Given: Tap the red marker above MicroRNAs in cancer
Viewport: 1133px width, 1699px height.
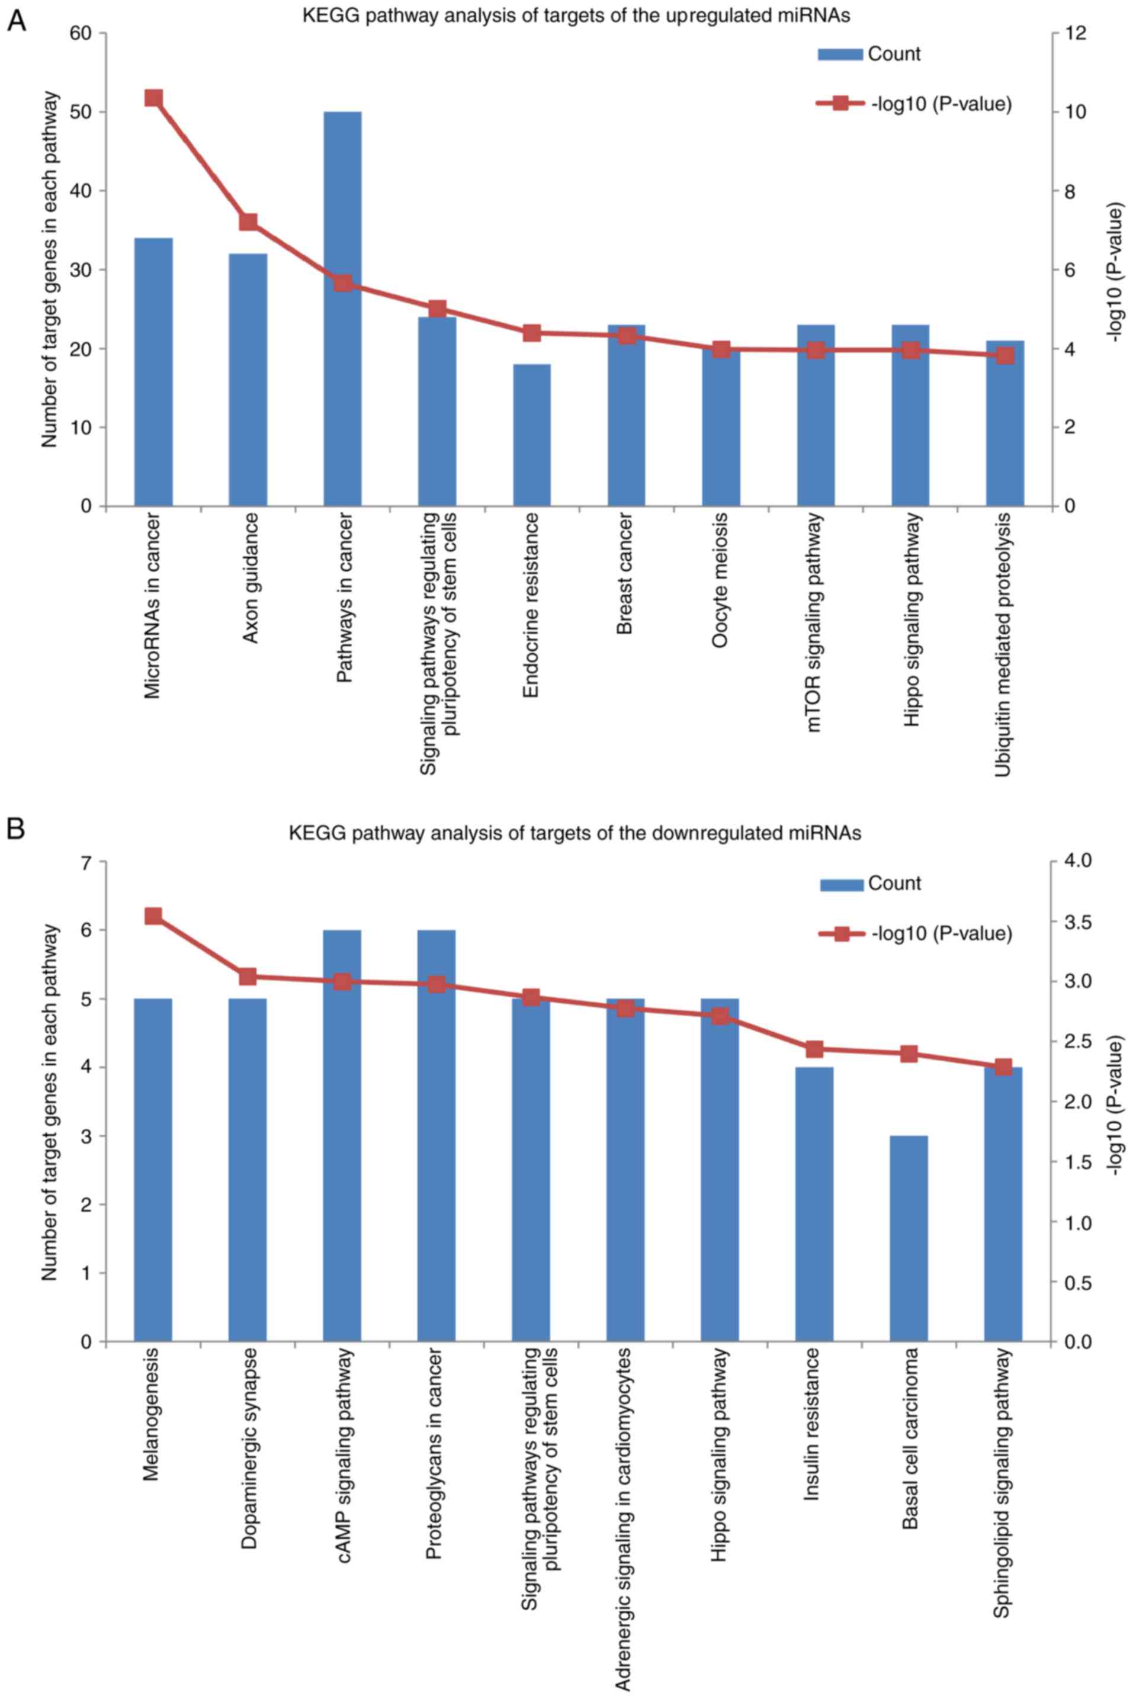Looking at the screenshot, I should click(x=153, y=98).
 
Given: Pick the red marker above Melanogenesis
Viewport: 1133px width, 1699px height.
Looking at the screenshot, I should click(x=153, y=917).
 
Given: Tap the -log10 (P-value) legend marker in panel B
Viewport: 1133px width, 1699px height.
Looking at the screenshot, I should click(x=841, y=934).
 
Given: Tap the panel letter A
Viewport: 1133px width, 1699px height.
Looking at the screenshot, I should click(x=16, y=23).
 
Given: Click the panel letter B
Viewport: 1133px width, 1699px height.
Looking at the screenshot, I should click(x=16, y=828).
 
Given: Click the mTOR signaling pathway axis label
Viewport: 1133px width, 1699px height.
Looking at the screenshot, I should click(x=814, y=622).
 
